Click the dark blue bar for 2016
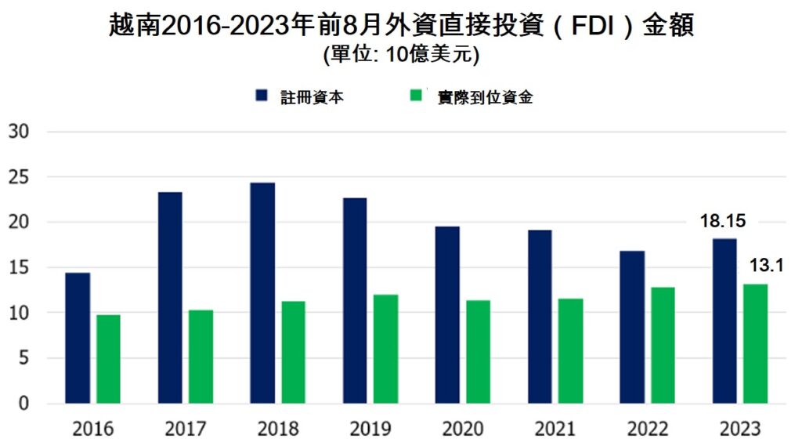(78, 338)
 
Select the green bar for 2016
(108, 359)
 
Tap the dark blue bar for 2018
(262, 293)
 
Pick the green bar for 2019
(385, 349)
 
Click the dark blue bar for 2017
(170, 298)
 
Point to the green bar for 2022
(663, 345)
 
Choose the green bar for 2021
(570, 350)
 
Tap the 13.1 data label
(767, 267)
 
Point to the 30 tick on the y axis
(19, 132)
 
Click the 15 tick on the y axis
(19, 267)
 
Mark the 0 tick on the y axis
(23, 404)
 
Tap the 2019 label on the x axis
(370, 429)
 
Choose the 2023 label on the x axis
(739, 429)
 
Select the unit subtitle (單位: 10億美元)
(400, 55)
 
